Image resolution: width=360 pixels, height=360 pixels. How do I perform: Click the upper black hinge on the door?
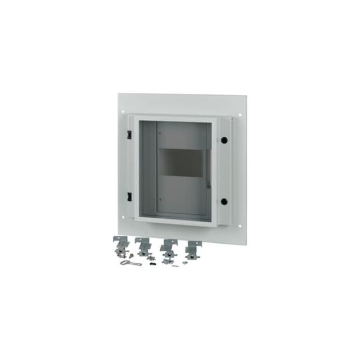click(129, 135)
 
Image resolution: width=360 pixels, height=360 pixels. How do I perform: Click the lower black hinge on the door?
click(129, 196)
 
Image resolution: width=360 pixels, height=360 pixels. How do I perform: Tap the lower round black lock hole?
click(224, 201)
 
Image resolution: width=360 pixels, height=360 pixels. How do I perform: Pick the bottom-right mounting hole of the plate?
click(239, 227)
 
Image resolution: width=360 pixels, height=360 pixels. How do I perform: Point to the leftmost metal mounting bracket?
click(121, 245)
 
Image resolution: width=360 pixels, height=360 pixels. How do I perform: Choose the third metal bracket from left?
click(168, 247)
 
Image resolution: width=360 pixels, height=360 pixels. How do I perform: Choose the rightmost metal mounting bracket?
click(193, 248)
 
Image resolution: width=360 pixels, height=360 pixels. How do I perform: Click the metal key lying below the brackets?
click(130, 263)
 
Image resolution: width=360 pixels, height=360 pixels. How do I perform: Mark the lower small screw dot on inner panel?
click(160, 200)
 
